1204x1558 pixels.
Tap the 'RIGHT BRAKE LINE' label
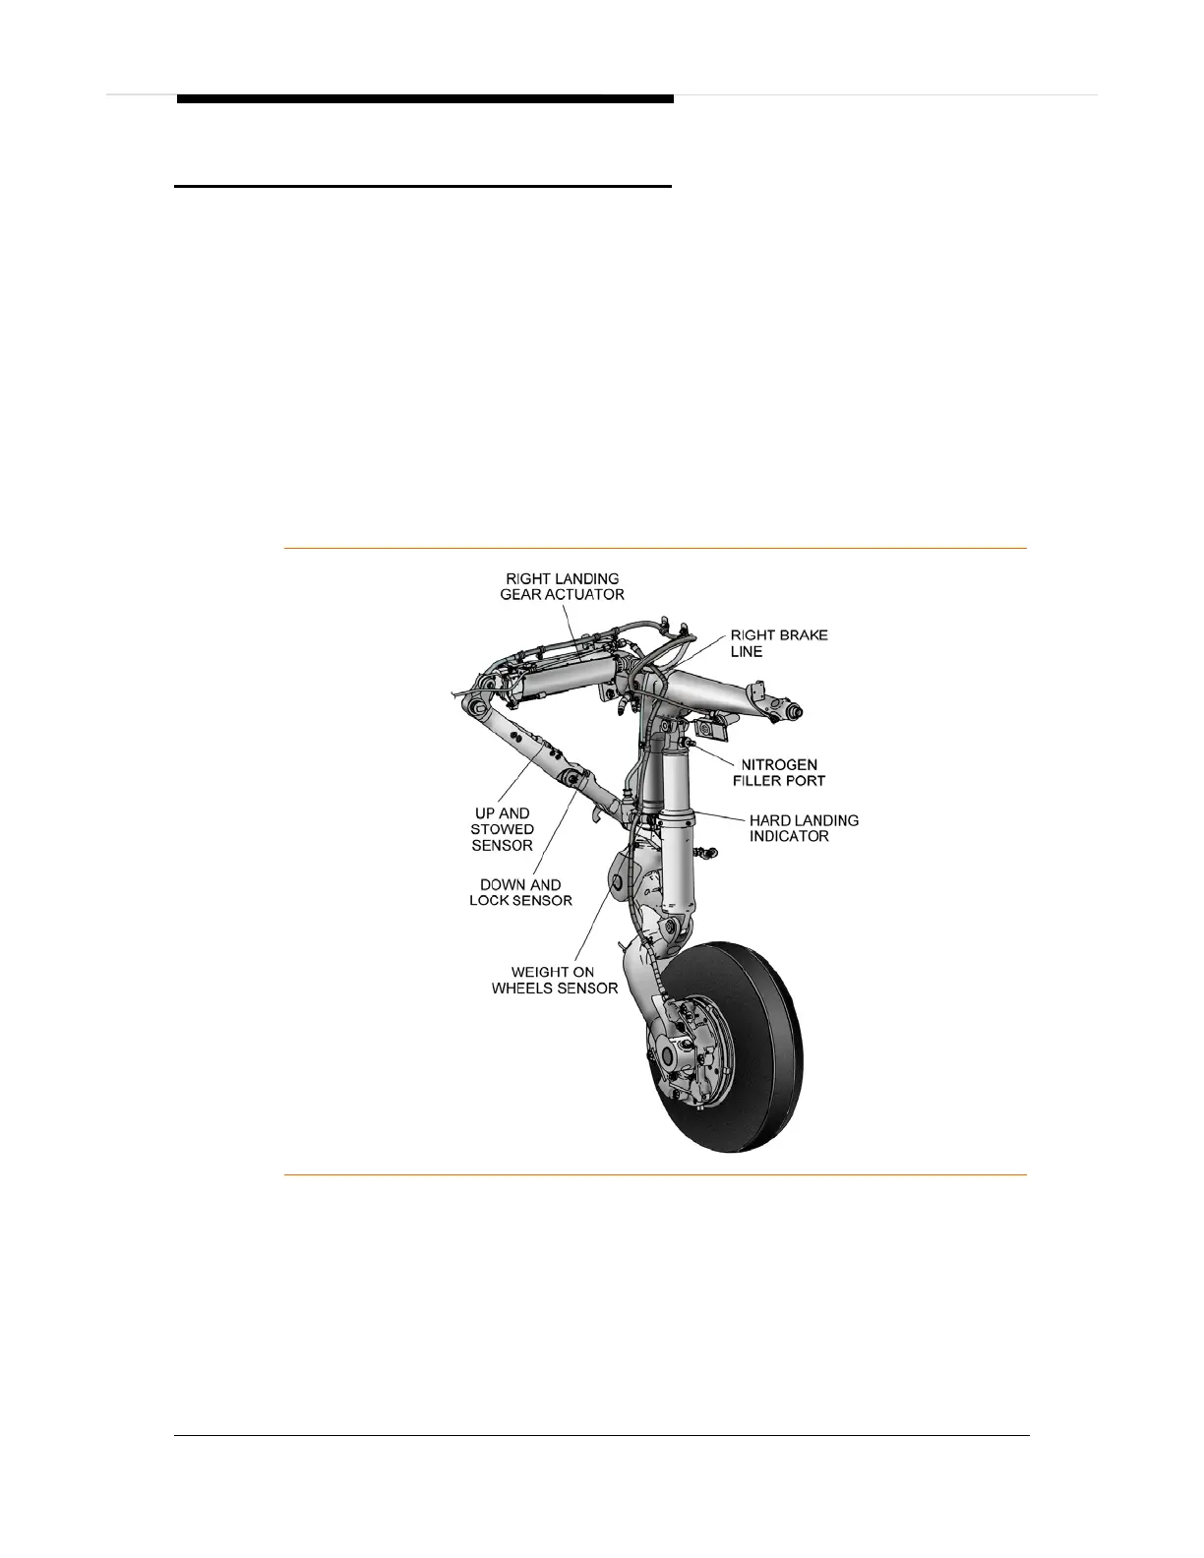tap(778, 643)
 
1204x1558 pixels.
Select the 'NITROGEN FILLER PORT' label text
tap(779, 772)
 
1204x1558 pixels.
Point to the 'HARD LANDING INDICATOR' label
tap(804, 827)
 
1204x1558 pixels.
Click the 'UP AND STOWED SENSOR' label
tap(502, 829)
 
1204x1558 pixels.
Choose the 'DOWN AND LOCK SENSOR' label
tap(520, 892)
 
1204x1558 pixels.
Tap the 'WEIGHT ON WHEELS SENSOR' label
tap(555, 980)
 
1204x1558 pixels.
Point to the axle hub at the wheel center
tap(669, 1055)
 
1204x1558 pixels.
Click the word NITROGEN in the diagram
tap(779, 764)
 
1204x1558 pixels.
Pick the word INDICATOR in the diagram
tap(790, 836)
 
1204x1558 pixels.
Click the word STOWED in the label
tap(502, 829)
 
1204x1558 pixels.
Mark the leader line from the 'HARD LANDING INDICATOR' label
tap(721, 818)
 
